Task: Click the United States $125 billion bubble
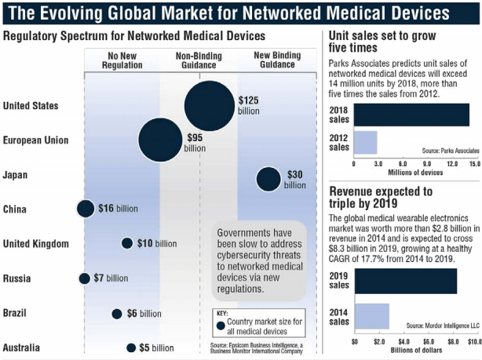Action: pos(210,106)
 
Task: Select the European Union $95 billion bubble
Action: pos(160,140)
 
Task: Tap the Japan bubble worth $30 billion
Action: pos(268,179)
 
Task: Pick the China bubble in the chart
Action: pos(86,209)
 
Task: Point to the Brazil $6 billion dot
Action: pos(117,314)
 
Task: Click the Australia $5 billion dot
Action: pos(131,348)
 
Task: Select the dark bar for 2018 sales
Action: pos(411,115)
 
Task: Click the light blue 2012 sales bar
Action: pos(365,143)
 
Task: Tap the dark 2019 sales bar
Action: pos(406,281)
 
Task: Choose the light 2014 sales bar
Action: pos(372,316)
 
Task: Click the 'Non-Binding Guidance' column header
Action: pos(199,60)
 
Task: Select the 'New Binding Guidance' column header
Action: pos(277,60)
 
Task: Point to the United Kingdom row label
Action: pos(36,244)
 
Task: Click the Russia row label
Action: pos(17,278)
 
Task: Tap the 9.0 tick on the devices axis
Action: pos(427,164)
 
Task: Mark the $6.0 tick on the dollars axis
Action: pos(429,342)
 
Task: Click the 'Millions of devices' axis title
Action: pos(415,173)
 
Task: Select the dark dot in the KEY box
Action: pos(221,325)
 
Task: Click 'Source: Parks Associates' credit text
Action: pos(451,151)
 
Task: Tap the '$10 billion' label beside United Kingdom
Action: pos(157,244)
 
